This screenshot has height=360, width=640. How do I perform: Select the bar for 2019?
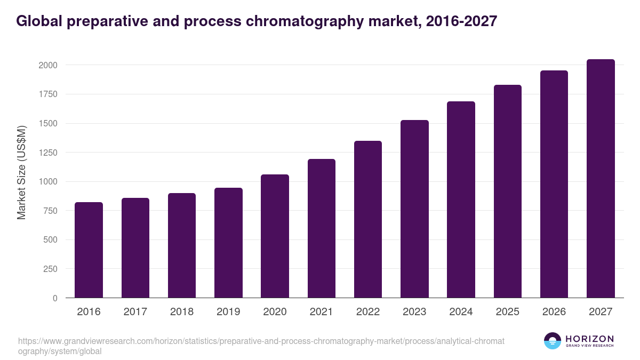(228, 243)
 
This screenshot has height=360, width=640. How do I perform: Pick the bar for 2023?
(414, 209)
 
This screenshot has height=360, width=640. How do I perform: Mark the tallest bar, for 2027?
(601, 178)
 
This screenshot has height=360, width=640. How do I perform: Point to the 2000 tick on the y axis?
(47, 65)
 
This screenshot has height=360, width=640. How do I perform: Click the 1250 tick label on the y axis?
(47, 153)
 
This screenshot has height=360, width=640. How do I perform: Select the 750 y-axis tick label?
(49, 211)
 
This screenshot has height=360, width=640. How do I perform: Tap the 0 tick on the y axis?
(55, 298)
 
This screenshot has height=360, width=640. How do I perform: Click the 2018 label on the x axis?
(182, 312)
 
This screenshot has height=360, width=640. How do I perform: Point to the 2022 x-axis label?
(368, 312)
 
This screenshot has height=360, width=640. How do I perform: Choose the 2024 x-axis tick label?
(461, 312)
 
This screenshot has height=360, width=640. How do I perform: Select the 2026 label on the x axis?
(554, 312)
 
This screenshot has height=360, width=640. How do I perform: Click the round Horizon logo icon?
(553, 341)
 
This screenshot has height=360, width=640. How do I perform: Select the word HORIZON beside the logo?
(589, 339)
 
